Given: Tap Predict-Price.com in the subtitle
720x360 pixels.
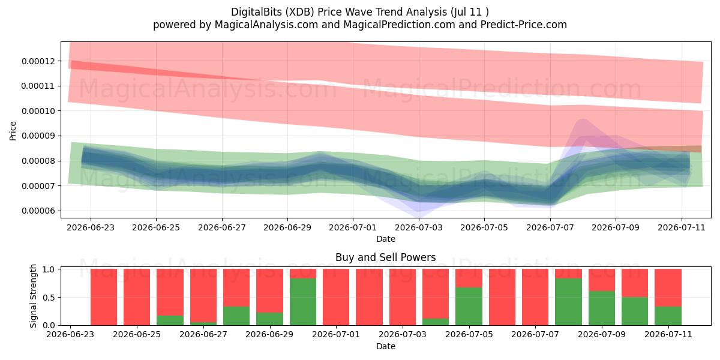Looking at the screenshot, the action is coord(524,25).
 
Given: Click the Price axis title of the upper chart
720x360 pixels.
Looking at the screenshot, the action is coord(13,131).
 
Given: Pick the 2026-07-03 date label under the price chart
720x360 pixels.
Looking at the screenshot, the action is coord(419,227).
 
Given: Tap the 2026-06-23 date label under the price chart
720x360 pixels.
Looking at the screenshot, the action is coord(91,227).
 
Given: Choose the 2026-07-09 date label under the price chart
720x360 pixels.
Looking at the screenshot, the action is coord(616,227).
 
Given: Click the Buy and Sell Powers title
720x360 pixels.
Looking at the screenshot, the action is coord(385,257).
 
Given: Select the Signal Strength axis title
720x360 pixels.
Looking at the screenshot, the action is coord(33,296).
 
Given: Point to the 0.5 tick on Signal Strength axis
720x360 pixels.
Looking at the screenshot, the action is coord(49,298).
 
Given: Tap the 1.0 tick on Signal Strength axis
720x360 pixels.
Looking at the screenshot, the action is coord(49,269).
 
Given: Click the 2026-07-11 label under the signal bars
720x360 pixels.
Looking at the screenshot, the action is coord(668,334).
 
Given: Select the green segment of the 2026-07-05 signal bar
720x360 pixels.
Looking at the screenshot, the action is coord(469,307).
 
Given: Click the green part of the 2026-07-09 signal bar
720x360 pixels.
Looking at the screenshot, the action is coord(602,308).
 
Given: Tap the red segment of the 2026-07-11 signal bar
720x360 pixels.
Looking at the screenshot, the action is coord(668,287).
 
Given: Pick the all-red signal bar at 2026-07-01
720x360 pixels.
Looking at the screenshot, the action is coord(336,297).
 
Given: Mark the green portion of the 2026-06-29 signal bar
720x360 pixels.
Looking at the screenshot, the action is coord(269,319).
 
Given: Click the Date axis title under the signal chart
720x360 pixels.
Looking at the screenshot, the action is coord(385,346).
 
